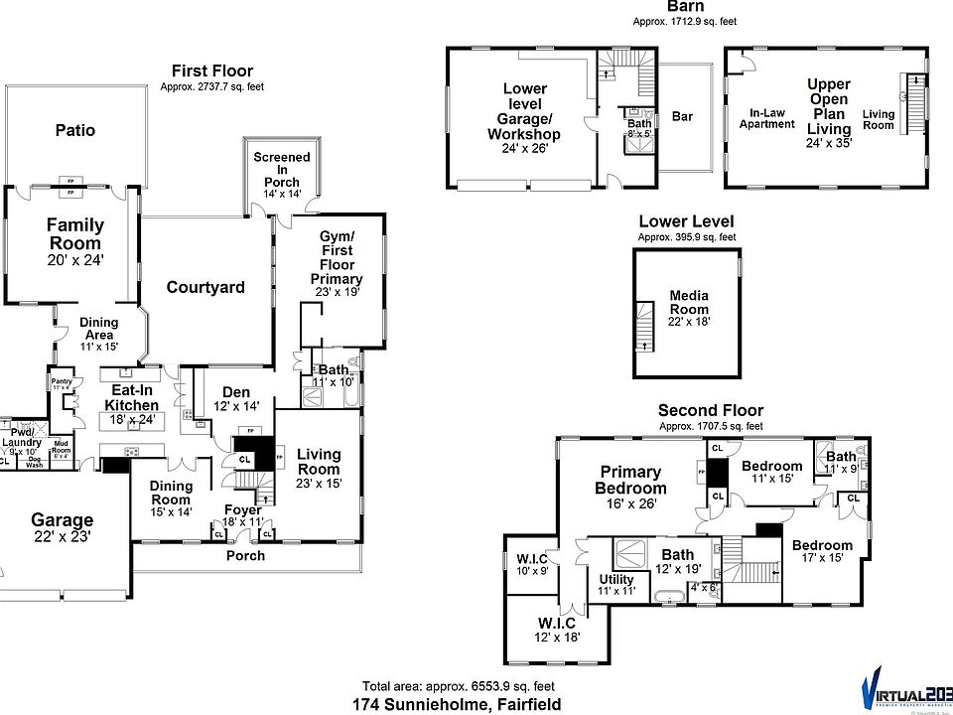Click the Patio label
[75, 130]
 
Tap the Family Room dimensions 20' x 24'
[74, 259]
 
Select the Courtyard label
[205, 288]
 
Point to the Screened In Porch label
[282, 170]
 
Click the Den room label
[236, 392]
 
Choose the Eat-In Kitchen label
[133, 397]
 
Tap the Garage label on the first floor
[62, 519]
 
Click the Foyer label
[243, 510]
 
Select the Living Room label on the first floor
[319, 461]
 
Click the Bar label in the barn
[683, 117]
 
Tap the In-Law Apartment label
[767, 118]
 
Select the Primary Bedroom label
[631, 480]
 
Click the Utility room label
[616, 579]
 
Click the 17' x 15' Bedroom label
[822, 545]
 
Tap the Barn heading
[686, 6]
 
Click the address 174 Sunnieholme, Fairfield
[457, 704]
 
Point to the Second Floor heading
[711, 410]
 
